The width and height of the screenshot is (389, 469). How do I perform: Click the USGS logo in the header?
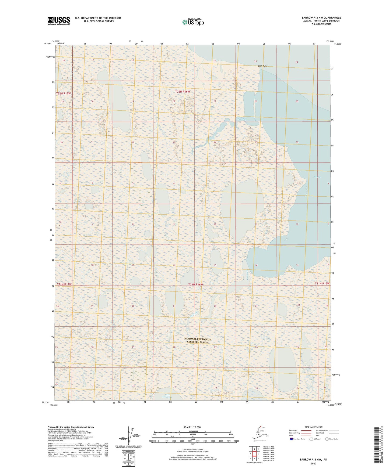(x=59, y=21)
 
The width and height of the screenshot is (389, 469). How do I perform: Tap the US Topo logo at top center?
(x=193, y=22)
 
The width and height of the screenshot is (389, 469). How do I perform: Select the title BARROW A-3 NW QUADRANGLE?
(x=321, y=18)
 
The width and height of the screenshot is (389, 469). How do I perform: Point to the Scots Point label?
(x=262, y=66)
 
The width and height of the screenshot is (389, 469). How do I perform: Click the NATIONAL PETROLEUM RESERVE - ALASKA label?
(x=198, y=341)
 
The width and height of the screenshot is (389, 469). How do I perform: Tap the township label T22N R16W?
(x=183, y=92)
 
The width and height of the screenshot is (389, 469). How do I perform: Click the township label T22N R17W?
(x=64, y=93)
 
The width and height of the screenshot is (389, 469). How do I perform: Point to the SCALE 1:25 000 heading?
(x=192, y=427)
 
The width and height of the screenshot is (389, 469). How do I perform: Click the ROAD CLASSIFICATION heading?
(x=313, y=427)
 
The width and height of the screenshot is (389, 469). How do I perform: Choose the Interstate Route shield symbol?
(x=291, y=439)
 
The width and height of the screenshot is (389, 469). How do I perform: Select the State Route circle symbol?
(x=327, y=439)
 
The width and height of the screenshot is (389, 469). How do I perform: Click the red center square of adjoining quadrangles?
(x=254, y=454)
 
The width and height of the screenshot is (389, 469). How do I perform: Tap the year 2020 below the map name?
(x=313, y=463)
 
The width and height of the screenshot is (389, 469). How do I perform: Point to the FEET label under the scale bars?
(x=192, y=444)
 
